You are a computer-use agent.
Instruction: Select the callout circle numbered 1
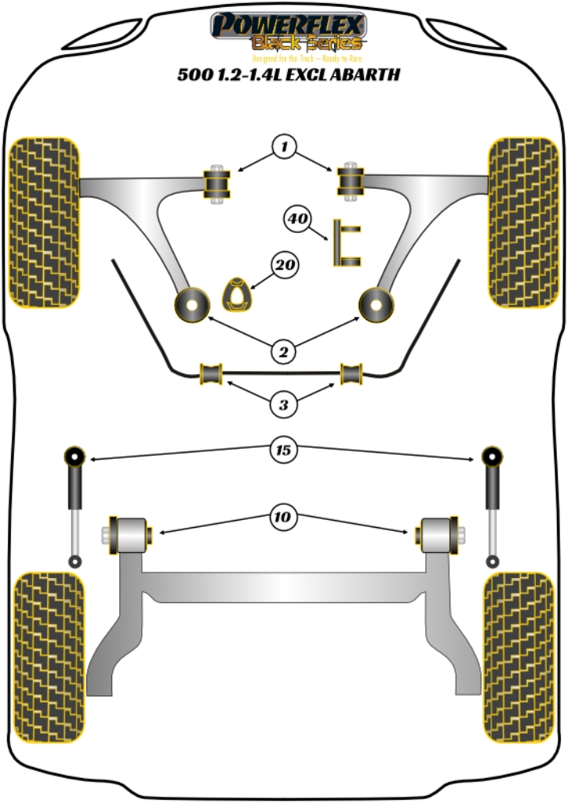(x=285, y=146)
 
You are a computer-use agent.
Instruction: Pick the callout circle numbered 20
(x=285, y=266)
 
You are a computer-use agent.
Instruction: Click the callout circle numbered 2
(x=284, y=352)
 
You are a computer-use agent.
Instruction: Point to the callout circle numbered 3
(x=284, y=405)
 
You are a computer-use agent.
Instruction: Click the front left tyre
(x=43, y=222)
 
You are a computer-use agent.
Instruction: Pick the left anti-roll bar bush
(x=212, y=374)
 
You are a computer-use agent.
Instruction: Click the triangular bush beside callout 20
(x=238, y=296)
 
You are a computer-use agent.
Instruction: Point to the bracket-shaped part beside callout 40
(x=345, y=243)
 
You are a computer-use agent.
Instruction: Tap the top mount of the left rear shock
(x=75, y=456)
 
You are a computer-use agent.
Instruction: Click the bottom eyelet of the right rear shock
(x=493, y=561)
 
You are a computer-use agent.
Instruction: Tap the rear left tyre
(x=49, y=657)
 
